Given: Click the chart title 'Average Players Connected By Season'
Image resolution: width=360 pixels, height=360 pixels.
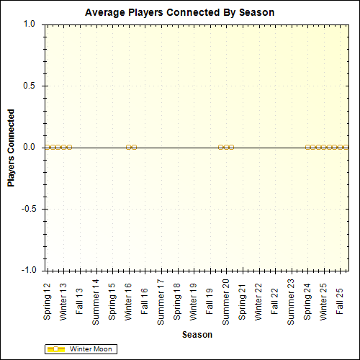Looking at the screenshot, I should point(179,13).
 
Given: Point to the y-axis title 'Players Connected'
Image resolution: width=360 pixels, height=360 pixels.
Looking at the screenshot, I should point(12,148).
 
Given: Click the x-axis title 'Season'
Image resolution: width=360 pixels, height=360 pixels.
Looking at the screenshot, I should point(197,335).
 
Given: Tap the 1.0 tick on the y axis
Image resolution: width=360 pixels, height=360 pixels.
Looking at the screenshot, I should point(30,24).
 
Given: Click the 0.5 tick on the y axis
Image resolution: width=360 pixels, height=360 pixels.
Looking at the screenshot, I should point(30,86).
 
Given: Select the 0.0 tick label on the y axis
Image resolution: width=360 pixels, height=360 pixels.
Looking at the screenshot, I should point(30,147).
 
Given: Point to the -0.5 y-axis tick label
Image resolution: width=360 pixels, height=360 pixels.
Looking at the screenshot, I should point(28,209).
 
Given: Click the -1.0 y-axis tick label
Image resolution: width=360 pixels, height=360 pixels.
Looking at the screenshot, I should point(28,270).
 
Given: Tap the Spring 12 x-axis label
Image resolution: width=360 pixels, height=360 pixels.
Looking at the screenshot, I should point(48,302).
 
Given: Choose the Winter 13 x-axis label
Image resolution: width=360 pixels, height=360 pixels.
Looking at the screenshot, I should point(63,302).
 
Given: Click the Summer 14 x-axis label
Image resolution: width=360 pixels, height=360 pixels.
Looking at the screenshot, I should point(96,301).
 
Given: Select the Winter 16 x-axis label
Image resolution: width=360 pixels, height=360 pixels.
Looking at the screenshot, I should point(128,302).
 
